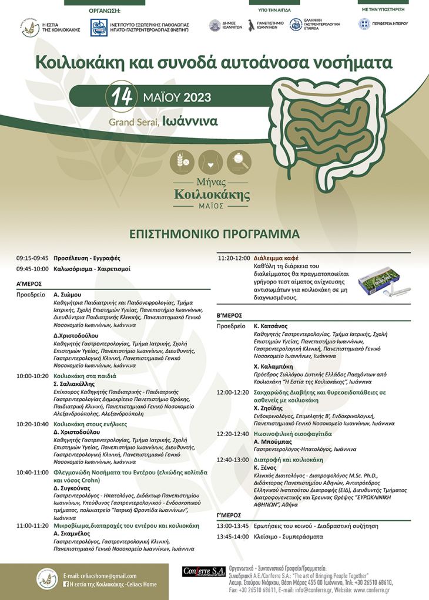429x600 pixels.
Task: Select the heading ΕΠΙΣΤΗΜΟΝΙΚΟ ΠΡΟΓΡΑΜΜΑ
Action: [214, 234]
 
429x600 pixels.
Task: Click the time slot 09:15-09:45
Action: [32, 258]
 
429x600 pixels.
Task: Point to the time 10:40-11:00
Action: [32, 471]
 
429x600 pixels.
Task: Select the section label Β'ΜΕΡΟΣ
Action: [230, 316]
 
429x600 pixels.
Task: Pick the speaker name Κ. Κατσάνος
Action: [270, 325]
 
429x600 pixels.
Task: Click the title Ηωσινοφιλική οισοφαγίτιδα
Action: [293, 434]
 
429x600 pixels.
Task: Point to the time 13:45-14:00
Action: [233, 537]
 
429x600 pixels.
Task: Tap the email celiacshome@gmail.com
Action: [103, 575]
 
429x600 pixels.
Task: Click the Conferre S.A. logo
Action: [204, 571]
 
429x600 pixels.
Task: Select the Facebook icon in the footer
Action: [66, 584]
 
